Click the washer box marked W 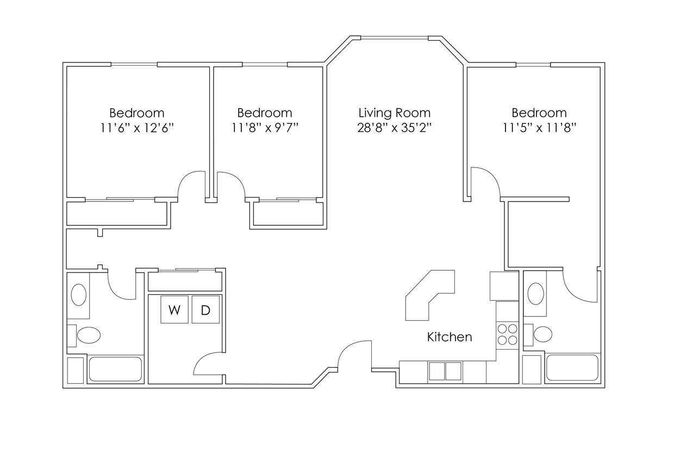point(174,310)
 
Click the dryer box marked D point(205,310)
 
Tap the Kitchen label point(450,337)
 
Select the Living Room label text point(394,113)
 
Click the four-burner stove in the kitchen point(507,334)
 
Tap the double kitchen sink point(445,371)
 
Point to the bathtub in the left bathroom point(115,369)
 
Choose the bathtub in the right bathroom point(572,368)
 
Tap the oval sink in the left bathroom point(79,295)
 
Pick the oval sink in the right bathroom point(535,294)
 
